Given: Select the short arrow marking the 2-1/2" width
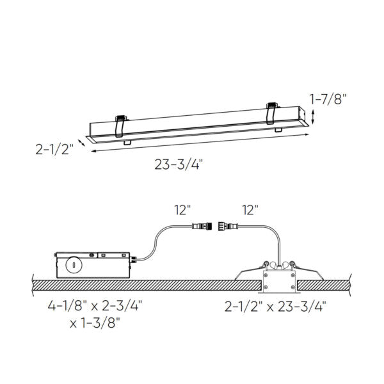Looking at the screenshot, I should pyautogui.click(x=83, y=141).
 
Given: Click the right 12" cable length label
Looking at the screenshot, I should pyautogui.click(x=250, y=209).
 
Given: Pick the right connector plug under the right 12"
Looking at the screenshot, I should pyautogui.click(x=227, y=226).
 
